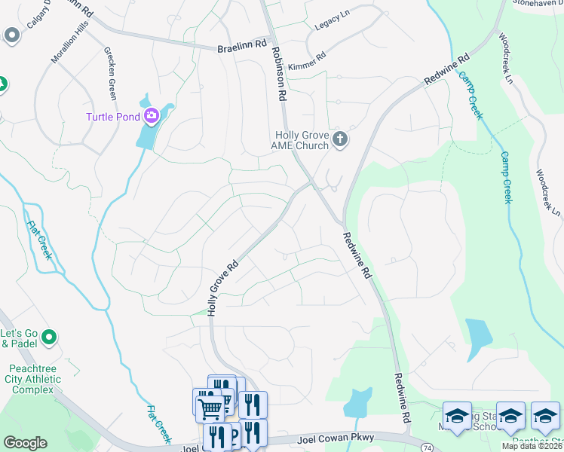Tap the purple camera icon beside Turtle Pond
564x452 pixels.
(150, 115)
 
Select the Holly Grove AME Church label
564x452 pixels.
(301, 140)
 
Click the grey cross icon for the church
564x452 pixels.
(340, 139)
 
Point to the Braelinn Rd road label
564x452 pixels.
(243, 45)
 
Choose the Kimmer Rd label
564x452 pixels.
(307, 56)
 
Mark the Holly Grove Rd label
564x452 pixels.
(223, 287)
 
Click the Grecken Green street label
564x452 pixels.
(111, 73)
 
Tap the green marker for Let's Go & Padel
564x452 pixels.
(50, 337)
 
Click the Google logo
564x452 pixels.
(25, 443)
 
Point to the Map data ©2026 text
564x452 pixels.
(531, 446)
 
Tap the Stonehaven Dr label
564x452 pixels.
(538, 3)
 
